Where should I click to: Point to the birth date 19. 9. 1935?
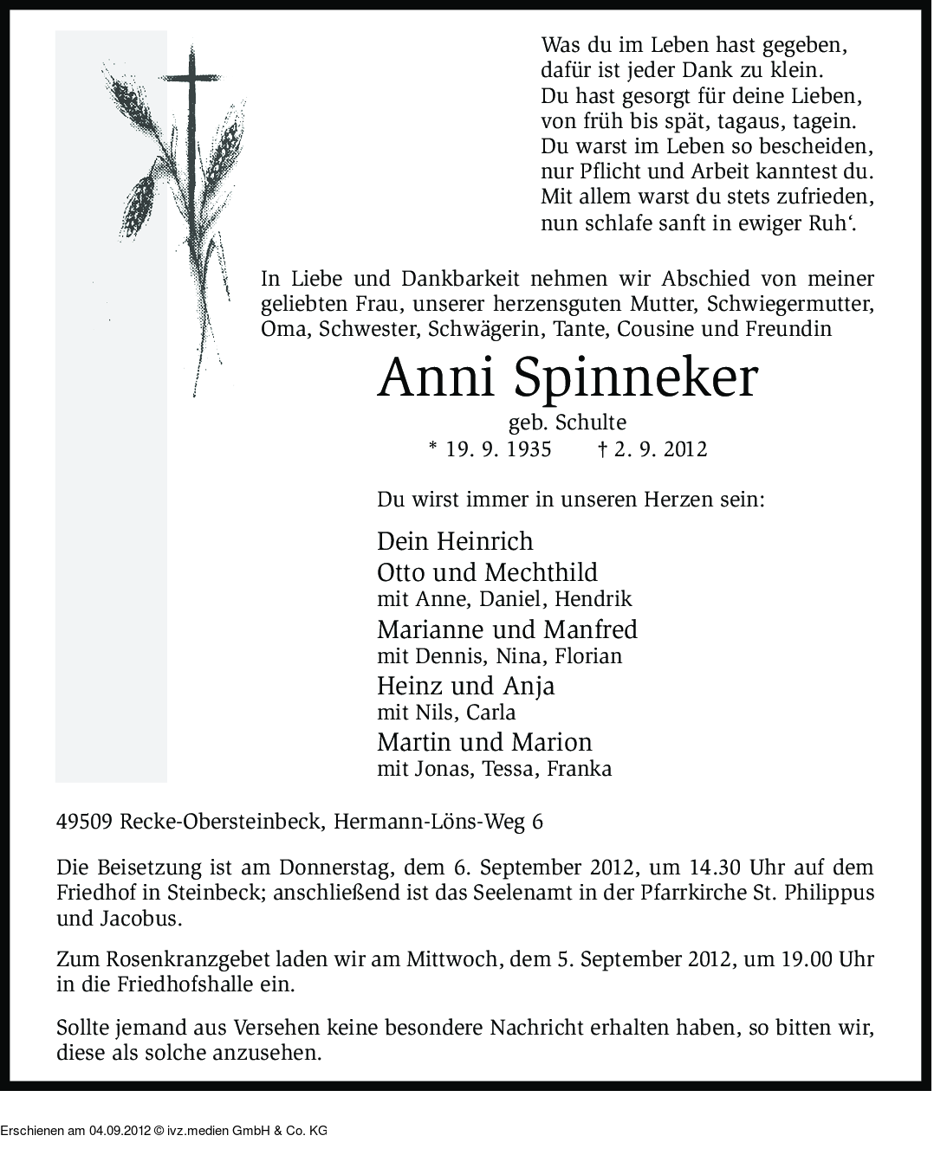(498, 449)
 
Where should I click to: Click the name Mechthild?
(542, 572)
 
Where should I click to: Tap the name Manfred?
(590, 629)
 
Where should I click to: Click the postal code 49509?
(84, 822)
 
